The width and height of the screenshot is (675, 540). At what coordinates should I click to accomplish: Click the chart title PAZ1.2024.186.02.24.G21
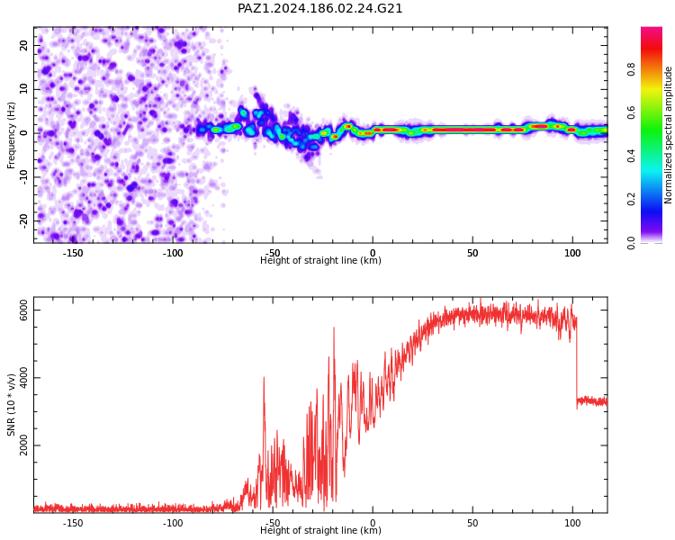[x=319, y=8]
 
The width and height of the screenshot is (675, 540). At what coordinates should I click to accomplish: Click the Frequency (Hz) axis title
[x=11, y=135]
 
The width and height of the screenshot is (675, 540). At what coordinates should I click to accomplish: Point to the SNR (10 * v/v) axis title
[x=11, y=405]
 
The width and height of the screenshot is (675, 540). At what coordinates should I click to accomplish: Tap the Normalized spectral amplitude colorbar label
[x=668, y=135]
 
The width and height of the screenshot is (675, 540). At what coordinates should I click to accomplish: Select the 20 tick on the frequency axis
[x=24, y=45]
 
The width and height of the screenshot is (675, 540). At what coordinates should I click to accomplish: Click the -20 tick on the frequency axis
[x=24, y=220]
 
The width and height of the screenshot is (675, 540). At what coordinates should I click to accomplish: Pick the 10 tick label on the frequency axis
[x=24, y=89]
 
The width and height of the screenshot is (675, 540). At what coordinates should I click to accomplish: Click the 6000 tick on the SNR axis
[x=24, y=310]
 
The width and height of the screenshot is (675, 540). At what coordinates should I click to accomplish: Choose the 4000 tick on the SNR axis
[x=24, y=378]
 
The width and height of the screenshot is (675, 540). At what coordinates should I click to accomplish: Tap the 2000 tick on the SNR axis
[x=24, y=445]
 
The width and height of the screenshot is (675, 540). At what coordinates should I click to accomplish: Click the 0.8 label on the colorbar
[x=631, y=69]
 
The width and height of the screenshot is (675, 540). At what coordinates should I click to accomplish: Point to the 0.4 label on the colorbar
[x=631, y=156]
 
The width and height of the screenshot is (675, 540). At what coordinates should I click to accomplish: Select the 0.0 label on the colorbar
[x=631, y=243]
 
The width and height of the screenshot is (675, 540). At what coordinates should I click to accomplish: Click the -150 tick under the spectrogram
[x=73, y=253]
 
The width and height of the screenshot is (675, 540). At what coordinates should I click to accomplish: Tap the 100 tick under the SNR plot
[x=572, y=523]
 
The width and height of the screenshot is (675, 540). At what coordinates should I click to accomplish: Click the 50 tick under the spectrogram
[x=472, y=253]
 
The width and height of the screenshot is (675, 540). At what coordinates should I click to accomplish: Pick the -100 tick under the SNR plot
[x=173, y=523]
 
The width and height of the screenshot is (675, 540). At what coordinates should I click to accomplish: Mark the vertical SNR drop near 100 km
[x=577, y=363]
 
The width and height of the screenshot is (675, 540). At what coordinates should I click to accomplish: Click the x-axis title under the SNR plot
[x=320, y=530]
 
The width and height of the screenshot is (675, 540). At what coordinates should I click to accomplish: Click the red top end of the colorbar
[x=652, y=30]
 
